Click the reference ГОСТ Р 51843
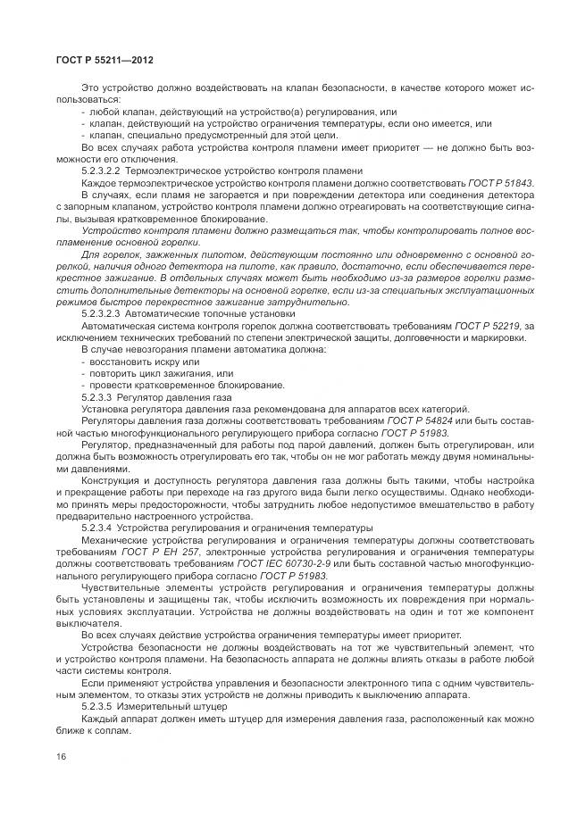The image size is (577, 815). point(504,182)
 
